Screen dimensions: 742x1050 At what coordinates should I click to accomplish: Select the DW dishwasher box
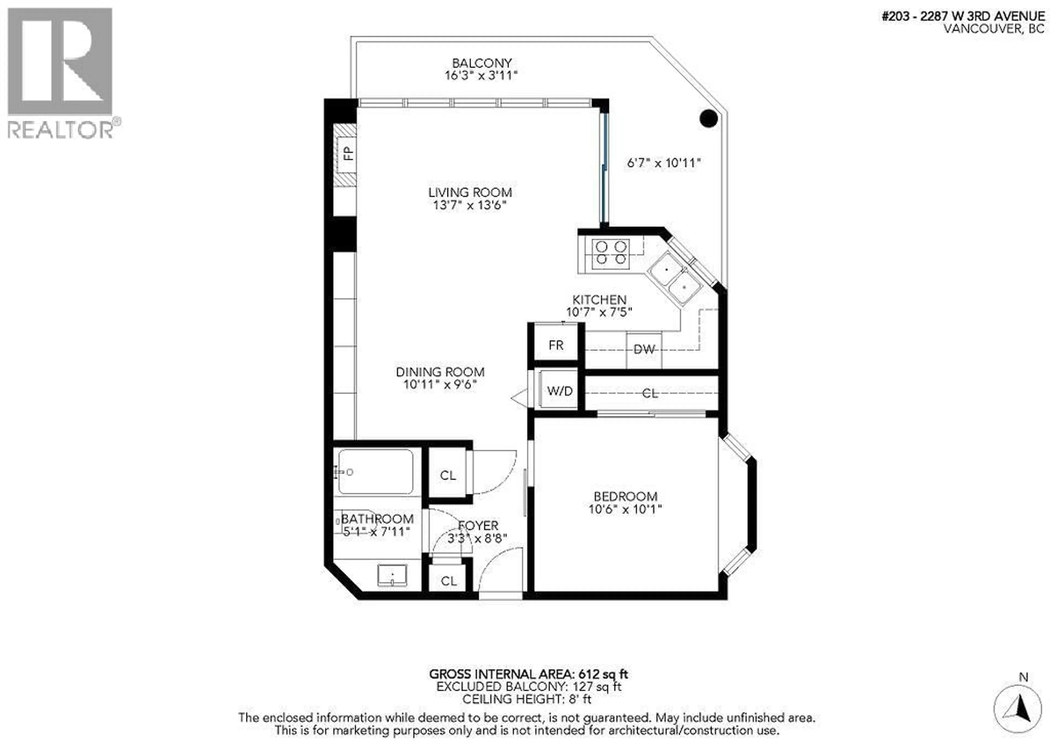click(644, 350)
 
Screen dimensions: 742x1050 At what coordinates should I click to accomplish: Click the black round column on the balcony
click(708, 118)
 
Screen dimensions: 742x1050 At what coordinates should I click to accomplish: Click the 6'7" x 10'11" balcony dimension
click(664, 163)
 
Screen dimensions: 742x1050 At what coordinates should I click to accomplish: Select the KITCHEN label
click(599, 300)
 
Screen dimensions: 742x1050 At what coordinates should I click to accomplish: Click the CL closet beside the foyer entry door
click(448, 580)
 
